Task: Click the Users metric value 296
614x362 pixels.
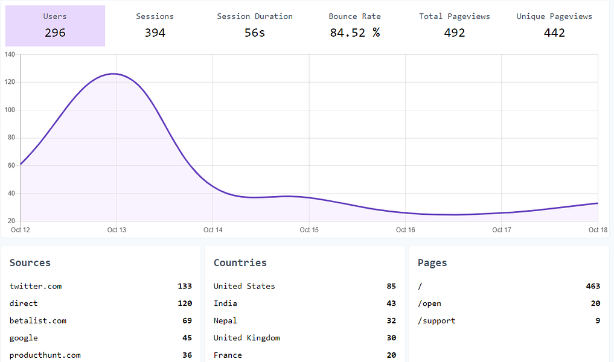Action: coord(55,33)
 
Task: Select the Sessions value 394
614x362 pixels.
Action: coord(155,33)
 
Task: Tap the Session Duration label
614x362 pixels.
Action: coord(255,16)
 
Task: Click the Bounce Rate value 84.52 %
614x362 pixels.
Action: coord(354,33)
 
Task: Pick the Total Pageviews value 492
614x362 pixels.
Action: coord(455,33)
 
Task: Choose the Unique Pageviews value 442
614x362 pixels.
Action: coord(554,33)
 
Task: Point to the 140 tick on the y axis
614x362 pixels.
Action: coord(10,55)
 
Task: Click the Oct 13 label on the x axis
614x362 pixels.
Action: coord(117,230)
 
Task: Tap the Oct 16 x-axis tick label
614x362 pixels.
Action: coord(405,230)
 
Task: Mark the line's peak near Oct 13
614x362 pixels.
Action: coord(113,74)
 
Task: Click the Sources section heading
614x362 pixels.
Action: coord(30,262)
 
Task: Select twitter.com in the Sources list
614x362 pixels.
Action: coord(36,286)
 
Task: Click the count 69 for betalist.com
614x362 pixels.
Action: coord(187,320)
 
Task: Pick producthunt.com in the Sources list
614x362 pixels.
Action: coord(45,355)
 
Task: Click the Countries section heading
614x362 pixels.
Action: coord(240,262)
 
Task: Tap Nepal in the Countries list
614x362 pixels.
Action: coord(225,320)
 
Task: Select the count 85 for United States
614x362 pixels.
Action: coord(391,286)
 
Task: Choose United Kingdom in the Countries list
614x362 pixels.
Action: coord(246,338)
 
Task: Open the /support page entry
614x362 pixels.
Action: coord(437,320)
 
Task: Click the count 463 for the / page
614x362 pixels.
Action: coord(593,286)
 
